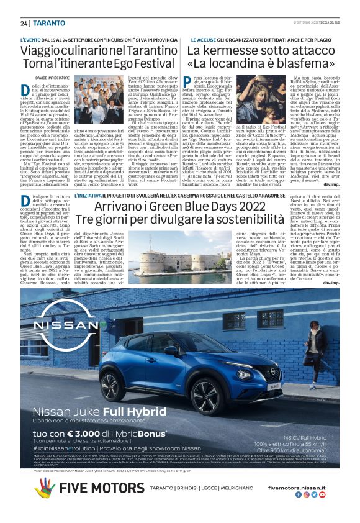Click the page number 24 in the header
click(x=24, y=23)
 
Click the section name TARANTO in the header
click(x=49, y=23)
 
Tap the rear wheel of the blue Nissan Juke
click(x=103, y=398)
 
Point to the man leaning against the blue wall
click(x=316, y=348)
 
